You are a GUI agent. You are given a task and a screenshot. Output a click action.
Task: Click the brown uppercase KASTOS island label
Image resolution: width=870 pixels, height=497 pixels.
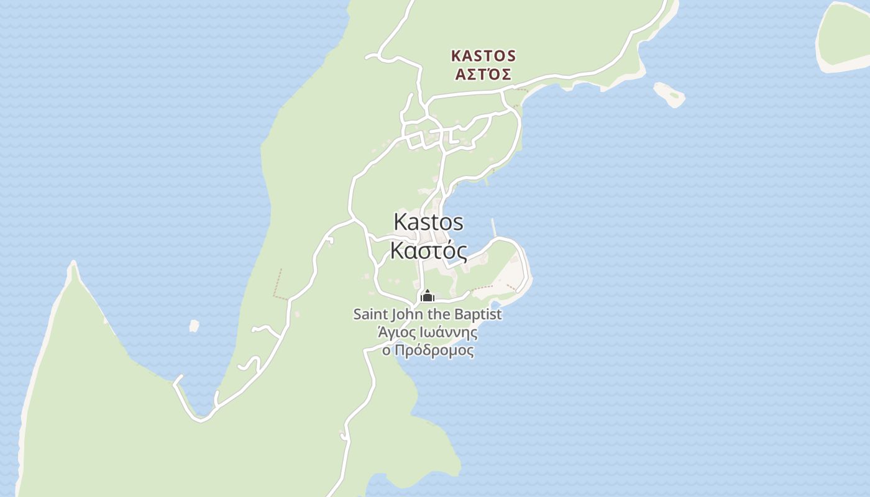pyautogui.click(x=483, y=56)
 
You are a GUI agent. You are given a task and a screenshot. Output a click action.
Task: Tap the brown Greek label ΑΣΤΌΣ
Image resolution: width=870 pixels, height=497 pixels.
pyautogui.click(x=483, y=75)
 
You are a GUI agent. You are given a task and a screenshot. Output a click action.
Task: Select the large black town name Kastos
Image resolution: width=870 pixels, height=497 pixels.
pyautogui.click(x=429, y=222)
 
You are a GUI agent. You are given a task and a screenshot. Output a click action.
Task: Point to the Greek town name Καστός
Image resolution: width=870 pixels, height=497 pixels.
pyautogui.click(x=429, y=250)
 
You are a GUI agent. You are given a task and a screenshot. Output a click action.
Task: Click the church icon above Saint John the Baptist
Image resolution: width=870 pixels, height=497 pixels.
pyautogui.click(x=427, y=296)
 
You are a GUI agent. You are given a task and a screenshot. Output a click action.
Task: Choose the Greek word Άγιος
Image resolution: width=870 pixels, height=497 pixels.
pyautogui.click(x=395, y=332)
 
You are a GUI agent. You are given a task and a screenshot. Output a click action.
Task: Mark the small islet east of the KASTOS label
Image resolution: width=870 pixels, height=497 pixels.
pyautogui.click(x=669, y=94)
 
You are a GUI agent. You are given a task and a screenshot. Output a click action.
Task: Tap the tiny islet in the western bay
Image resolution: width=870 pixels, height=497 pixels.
pyautogui.click(x=194, y=326)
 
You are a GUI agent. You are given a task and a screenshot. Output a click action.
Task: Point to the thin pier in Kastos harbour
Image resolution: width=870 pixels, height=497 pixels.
pyautogui.click(x=494, y=227)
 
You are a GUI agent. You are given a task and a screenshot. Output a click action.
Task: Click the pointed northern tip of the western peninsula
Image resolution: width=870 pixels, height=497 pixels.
pyautogui.click(x=73, y=265)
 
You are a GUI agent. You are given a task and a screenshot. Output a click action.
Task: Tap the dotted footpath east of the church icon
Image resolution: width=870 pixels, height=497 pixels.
pyautogui.click(x=491, y=288)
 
